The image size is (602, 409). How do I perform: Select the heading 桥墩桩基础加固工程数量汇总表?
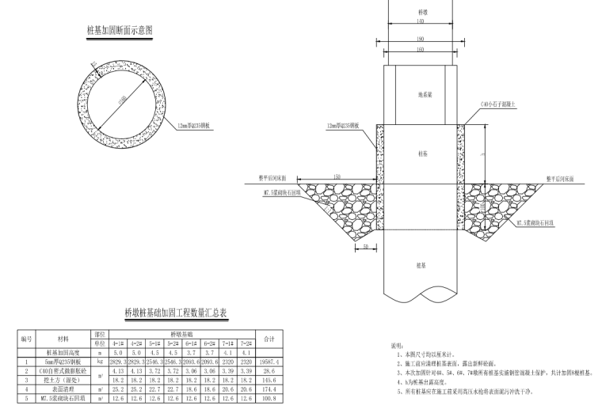[175, 313]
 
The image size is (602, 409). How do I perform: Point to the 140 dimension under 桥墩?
[421, 22]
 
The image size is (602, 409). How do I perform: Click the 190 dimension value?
[421, 39]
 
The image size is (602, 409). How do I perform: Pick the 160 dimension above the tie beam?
[421, 49]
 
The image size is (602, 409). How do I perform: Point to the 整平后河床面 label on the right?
[565, 180]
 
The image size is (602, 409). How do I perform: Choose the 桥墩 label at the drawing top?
[421, 12]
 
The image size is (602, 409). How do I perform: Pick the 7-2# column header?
[247, 345]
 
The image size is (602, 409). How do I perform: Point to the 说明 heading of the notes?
[398, 346]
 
